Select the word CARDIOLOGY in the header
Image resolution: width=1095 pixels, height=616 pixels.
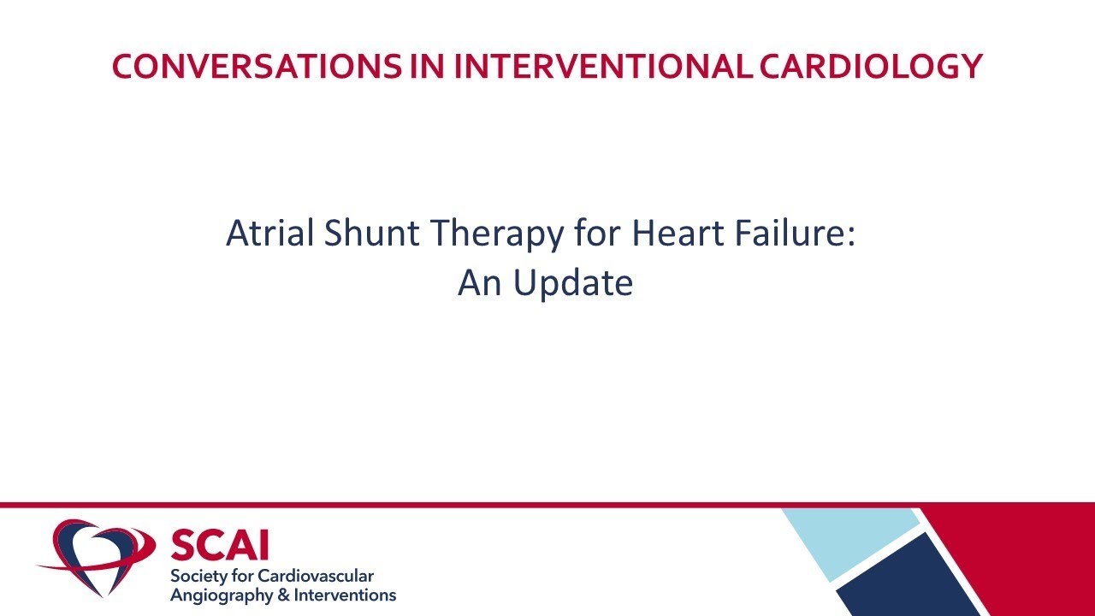pos(870,67)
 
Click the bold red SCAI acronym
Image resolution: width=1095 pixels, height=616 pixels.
pos(219,545)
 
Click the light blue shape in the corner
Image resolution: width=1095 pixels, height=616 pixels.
pos(847,539)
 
